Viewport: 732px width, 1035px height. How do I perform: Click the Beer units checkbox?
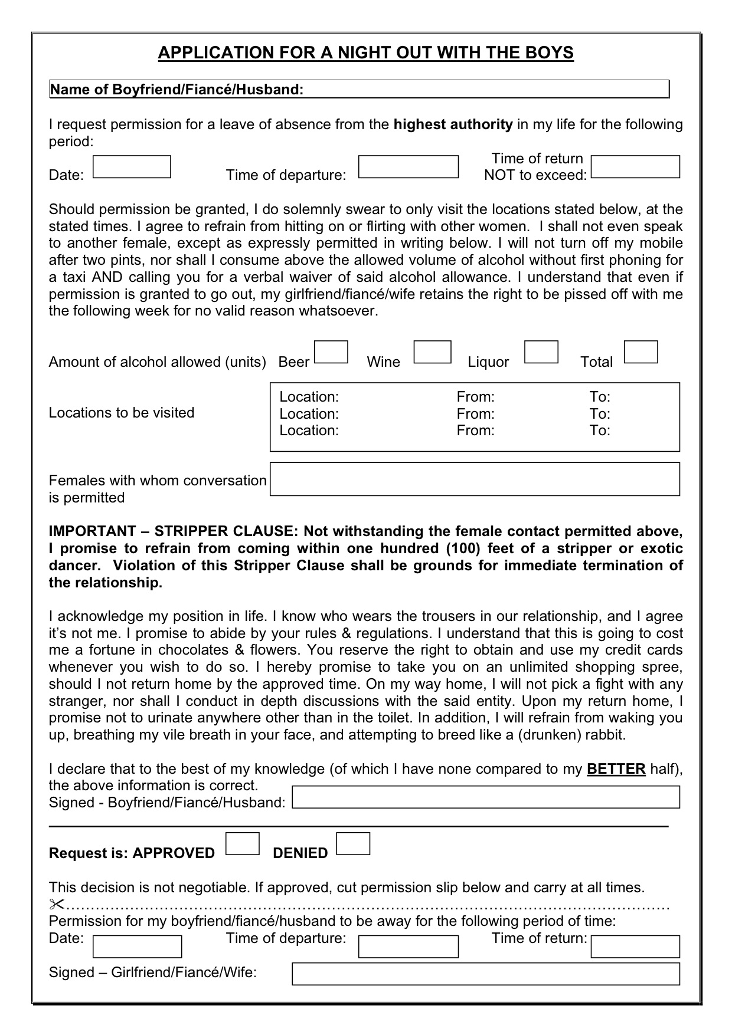point(331,352)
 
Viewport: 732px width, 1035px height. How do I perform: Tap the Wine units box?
point(432,352)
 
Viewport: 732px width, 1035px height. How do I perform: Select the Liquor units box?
point(541,352)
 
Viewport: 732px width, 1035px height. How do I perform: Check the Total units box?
point(640,352)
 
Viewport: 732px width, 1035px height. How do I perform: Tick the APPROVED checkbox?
point(243,843)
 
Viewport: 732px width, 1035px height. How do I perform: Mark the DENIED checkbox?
point(353,843)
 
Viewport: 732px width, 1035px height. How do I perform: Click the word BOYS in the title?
point(549,53)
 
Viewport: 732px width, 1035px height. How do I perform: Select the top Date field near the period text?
point(132,167)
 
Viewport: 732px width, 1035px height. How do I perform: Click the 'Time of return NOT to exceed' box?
point(635,167)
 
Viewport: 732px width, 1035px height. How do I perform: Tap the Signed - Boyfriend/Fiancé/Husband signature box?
point(486,797)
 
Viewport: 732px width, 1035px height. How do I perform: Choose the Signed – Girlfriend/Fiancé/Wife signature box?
point(486,974)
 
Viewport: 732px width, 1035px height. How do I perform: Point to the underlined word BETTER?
point(616,769)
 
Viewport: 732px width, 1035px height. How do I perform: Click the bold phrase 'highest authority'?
point(453,124)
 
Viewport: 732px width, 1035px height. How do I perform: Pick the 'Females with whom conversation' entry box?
point(475,479)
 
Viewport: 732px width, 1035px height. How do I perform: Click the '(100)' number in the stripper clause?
point(464,548)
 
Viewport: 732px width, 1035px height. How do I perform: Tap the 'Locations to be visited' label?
point(122,413)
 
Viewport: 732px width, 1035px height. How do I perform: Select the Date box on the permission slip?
point(138,947)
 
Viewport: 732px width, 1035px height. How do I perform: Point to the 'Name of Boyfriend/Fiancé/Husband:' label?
point(177,90)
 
